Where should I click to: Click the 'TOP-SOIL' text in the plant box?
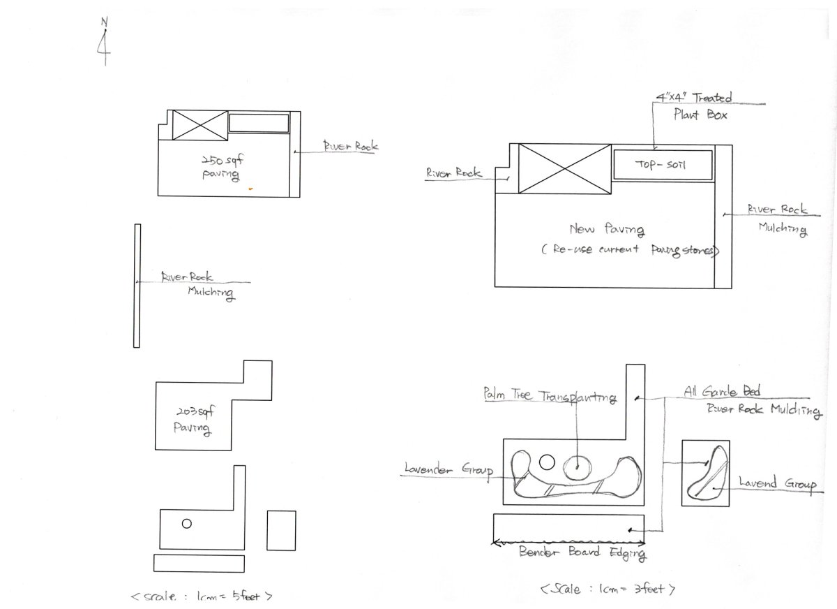pyautogui.click(x=661, y=165)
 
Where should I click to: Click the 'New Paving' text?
pyautogui.click(x=606, y=229)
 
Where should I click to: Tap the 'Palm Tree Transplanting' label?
pyautogui.click(x=550, y=396)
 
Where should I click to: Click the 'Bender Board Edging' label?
pyautogui.click(x=582, y=553)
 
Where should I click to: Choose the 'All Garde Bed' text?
pyautogui.click(x=721, y=392)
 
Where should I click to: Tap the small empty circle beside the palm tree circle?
pyautogui.click(x=547, y=462)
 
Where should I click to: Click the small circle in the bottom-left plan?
pyautogui.click(x=186, y=524)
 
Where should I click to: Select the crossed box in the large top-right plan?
pyautogui.click(x=564, y=168)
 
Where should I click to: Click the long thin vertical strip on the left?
pyautogui.click(x=137, y=286)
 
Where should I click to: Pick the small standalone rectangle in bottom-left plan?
pyautogui.click(x=281, y=531)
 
